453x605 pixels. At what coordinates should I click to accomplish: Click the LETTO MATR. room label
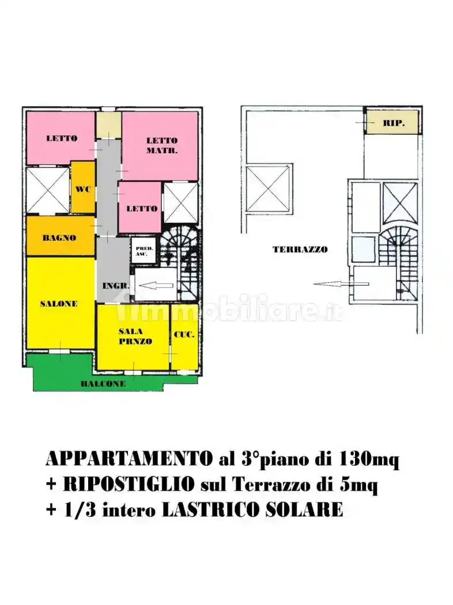point(162,145)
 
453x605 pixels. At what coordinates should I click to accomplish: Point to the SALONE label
point(59,304)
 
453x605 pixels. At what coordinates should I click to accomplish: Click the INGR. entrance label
point(115,286)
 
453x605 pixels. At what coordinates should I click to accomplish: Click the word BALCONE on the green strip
point(103,384)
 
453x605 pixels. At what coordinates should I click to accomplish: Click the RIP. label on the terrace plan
point(394,123)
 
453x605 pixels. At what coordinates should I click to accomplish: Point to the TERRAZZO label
point(300,249)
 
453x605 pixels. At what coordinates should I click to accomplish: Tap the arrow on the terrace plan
point(341,283)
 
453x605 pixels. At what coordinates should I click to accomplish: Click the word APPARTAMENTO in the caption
point(127,459)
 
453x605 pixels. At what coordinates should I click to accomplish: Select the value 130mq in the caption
point(369,459)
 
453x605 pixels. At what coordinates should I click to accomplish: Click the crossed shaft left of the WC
point(48,190)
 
